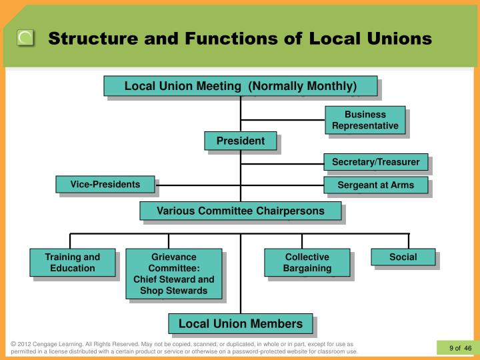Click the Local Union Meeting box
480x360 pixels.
point(241,86)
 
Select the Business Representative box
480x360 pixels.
point(365,120)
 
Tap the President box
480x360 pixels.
point(240,141)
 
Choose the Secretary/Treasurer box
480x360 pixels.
point(375,162)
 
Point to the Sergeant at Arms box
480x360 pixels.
point(375,185)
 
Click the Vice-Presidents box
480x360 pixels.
point(105,184)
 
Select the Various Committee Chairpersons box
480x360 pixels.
point(240,211)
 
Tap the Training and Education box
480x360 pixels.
point(72,262)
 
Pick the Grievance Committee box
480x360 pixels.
point(173,273)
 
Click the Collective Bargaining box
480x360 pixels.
point(307,262)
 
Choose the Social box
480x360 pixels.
point(403,257)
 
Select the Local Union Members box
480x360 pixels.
point(240,324)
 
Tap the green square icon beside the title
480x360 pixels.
point(26,38)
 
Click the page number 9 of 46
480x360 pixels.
point(460,347)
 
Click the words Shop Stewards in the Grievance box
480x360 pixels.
point(173,290)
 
